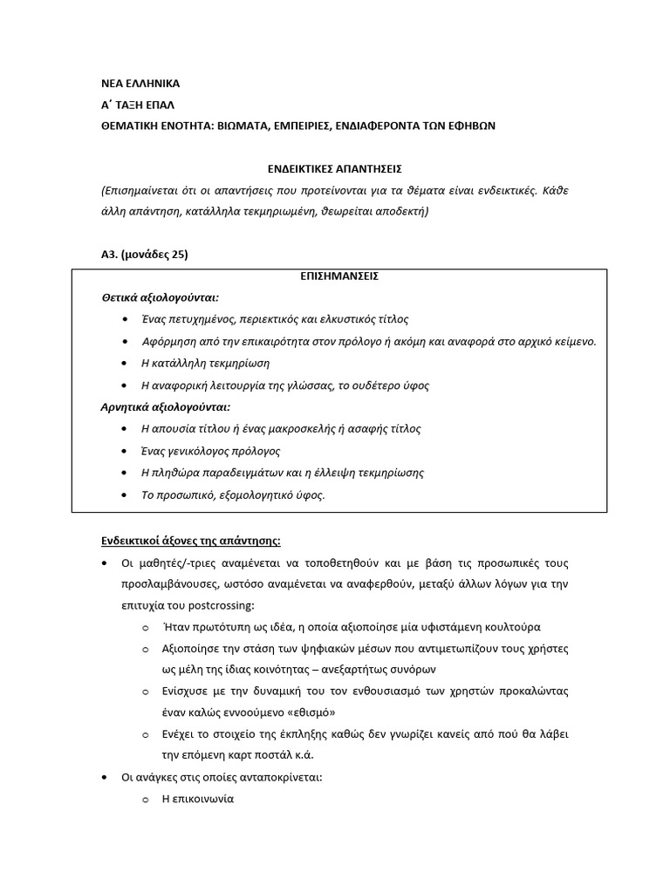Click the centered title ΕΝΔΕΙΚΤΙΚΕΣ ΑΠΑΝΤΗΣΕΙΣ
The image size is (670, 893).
(x=334, y=168)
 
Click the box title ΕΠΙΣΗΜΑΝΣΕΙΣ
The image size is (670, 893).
(x=334, y=276)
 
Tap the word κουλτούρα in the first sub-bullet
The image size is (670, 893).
(x=513, y=626)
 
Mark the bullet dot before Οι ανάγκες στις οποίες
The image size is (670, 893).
(x=106, y=777)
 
